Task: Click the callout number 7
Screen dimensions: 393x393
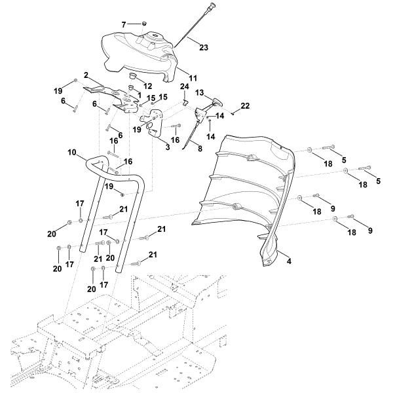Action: [x=123, y=24]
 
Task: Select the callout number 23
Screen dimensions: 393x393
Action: [x=204, y=47]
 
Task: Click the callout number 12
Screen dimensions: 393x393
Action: [x=148, y=86]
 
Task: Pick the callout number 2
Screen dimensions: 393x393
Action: [x=85, y=76]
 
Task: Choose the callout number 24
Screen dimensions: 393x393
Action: [x=185, y=86]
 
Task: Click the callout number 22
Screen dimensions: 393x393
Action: [x=245, y=105]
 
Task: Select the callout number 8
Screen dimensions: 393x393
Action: [x=200, y=149]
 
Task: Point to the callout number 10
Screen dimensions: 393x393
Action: [x=72, y=152]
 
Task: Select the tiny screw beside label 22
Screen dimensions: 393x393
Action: [x=233, y=113]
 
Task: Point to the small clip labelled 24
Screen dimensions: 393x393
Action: [x=185, y=102]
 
